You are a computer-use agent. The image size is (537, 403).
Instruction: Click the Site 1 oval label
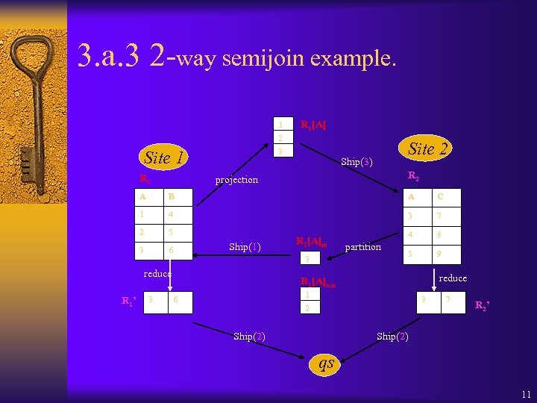tap(163, 157)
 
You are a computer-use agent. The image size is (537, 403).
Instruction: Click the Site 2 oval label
tap(428, 149)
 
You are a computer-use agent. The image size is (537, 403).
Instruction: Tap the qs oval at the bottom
tap(326, 363)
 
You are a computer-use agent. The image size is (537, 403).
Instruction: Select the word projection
tap(236, 180)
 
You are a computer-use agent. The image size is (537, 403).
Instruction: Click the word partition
tap(362, 247)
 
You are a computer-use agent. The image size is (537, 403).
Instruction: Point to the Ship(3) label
tap(356, 161)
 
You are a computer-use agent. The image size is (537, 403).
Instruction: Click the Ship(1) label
tap(245, 247)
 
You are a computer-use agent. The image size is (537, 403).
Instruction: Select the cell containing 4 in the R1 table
tap(180, 214)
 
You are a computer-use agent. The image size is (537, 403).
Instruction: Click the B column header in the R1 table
tap(180, 198)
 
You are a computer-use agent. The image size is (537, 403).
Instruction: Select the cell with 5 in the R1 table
tap(180, 232)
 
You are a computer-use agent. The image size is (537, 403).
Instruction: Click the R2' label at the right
tap(483, 304)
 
